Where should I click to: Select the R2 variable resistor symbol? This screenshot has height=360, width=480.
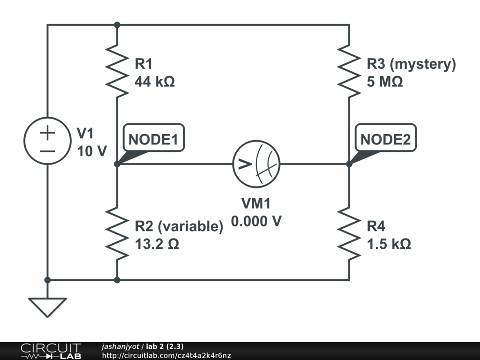pos(117,233)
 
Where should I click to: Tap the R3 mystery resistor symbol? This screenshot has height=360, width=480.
pos(349,71)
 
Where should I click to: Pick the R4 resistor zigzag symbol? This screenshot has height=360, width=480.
pos(349,233)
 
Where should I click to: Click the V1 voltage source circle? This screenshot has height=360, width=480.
pos(47,141)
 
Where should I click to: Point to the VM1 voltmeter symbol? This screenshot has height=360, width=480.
pos(256,164)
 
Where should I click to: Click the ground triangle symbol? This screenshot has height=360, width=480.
pos(47,307)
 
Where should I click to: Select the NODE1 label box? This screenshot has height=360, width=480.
pos(154,139)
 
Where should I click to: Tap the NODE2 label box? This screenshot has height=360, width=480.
pos(386,139)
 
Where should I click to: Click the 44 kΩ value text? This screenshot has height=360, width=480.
pos(155,82)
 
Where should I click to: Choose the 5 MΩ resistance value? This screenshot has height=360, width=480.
pos(384,82)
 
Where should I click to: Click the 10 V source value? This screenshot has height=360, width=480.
pos(92,151)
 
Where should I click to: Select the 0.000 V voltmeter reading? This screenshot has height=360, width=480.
pos(256,221)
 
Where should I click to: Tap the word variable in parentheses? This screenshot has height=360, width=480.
pos(190,227)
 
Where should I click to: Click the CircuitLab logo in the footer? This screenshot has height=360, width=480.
pos(51,351)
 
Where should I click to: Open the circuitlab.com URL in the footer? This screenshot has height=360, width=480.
pos(166,356)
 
